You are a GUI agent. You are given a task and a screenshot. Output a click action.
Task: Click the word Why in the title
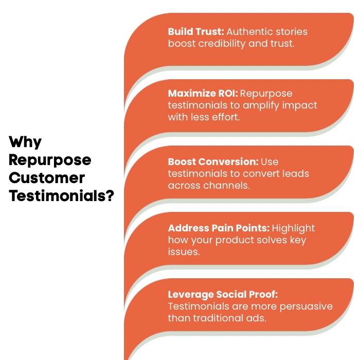click(25, 142)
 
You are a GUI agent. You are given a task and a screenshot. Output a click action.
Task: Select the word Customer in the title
click(47, 178)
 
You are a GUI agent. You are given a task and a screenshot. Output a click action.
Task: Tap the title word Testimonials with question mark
click(61, 196)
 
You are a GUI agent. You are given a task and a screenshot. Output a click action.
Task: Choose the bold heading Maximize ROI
click(203, 94)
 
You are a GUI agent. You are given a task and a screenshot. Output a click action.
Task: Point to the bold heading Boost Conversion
click(213, 161)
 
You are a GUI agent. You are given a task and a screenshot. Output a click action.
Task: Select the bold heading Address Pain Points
click(219, 228)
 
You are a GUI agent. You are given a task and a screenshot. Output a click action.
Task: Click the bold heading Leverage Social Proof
click(223, 295)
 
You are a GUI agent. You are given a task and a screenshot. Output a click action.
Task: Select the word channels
click(228, 185)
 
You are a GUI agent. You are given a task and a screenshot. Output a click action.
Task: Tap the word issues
click(184, 252)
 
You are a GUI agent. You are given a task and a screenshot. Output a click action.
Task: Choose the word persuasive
click(304, 307)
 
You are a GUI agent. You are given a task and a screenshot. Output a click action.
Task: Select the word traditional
click(219, 318)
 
